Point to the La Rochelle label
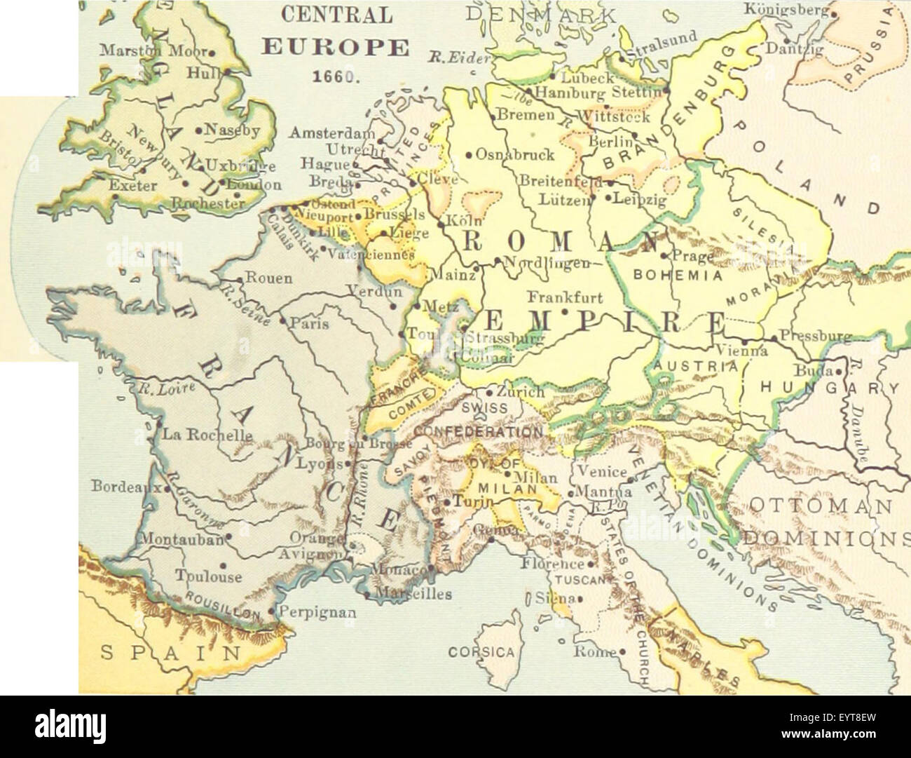[207, 434]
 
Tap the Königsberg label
[786, 11]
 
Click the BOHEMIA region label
[678, 276]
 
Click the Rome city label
[595, 651]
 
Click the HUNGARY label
[829, 388]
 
